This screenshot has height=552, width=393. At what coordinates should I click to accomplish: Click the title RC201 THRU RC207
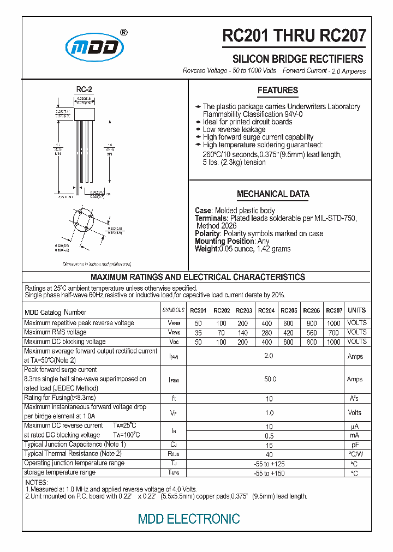click(294, 36)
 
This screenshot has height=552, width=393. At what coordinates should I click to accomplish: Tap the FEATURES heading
click(277, 91)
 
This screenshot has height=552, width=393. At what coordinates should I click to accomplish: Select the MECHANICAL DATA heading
click(273, 194)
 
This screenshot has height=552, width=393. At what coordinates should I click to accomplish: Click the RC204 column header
click(266, 311)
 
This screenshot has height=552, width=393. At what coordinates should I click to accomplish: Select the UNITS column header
click(356, 310)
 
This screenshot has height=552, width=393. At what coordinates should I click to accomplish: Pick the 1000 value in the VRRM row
click(334, 323)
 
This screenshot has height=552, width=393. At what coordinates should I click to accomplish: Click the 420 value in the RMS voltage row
click(288, 333)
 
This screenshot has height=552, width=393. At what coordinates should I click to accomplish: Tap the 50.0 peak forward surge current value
click(270, 379)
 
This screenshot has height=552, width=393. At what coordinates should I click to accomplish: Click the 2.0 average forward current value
click(269, 356)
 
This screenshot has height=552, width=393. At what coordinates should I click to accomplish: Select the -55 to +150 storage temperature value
click(269, 473)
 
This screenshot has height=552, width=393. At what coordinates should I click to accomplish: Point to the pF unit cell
click(355, 445)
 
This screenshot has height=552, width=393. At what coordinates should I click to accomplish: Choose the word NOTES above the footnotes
click(37, 483)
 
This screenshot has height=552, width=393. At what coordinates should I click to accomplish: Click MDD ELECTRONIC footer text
click(189, 519)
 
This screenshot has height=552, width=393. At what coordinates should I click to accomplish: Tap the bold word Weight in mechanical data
click(206, 249)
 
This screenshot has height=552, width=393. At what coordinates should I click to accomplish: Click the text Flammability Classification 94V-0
click(253, 115)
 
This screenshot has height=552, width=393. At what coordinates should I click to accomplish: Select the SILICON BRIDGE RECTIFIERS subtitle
click(298, 59)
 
